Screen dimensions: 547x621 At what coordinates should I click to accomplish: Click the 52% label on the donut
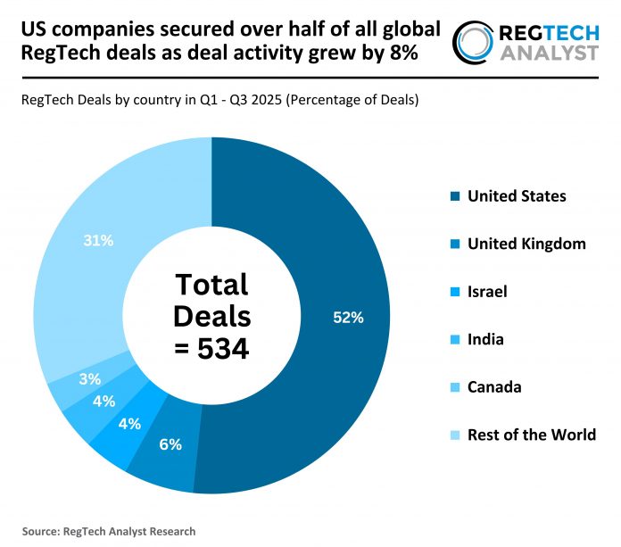349,318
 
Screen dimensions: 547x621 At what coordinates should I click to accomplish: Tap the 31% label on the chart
98,240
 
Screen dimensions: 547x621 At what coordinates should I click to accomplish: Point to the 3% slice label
89,378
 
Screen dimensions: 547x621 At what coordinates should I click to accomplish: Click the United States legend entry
516,195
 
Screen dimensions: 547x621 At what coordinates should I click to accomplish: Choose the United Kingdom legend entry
526,244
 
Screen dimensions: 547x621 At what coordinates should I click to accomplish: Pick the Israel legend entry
488,291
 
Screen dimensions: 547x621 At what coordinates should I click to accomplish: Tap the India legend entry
485,339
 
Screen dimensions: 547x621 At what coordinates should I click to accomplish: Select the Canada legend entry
494,386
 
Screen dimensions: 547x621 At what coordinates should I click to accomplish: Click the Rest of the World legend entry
532,435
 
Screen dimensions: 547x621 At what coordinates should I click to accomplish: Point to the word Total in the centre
211,285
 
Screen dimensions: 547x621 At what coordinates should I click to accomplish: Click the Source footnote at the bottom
109,531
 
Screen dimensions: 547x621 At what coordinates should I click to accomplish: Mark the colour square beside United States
455,196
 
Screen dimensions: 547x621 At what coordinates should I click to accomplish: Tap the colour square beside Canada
455,387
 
